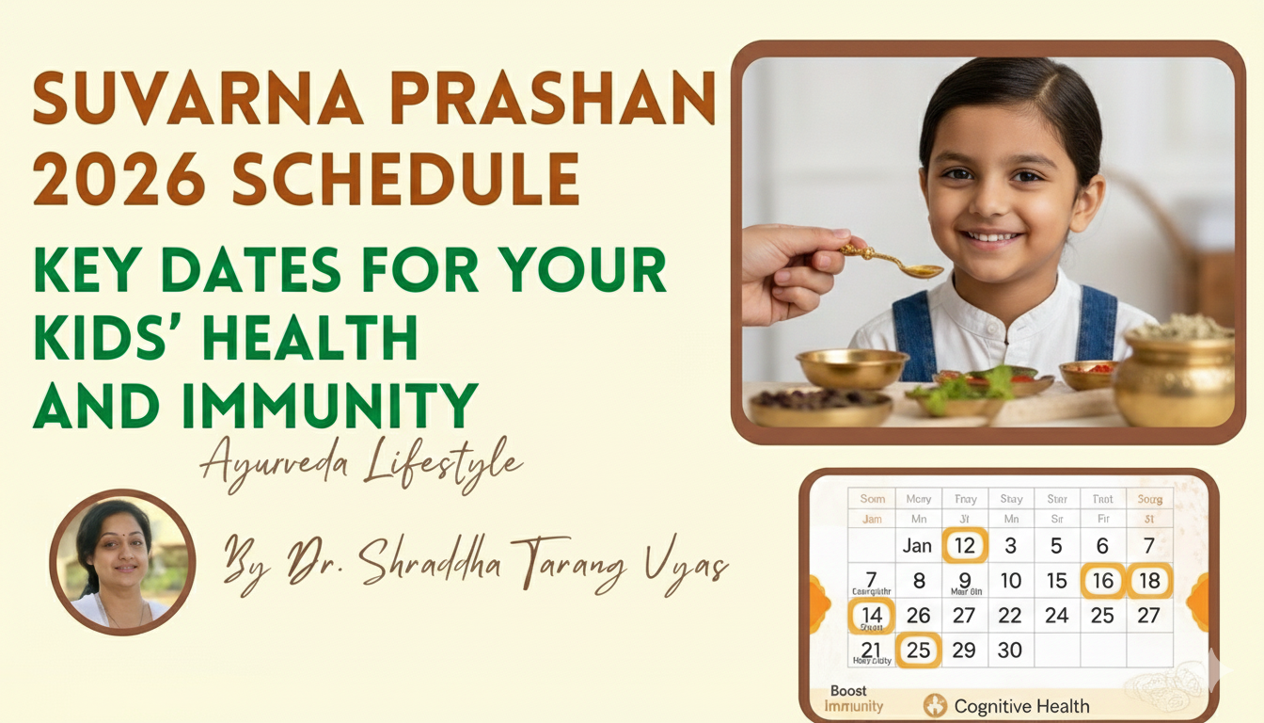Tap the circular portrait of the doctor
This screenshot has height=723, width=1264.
pos(122,562)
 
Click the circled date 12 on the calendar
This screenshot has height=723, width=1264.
pos(964,545)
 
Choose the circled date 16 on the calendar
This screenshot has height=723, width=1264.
pos(1102,581)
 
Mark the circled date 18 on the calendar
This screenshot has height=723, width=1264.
pos(1149,581)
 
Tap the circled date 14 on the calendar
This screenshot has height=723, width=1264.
pos(871,616)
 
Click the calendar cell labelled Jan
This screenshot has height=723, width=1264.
pos(917,545)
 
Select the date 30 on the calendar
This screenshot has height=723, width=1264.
pos(1010,651)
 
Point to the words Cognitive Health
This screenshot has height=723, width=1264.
pos(1021,706)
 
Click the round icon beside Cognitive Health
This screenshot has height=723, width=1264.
pos(935,705)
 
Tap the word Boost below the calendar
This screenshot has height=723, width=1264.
pos(849,691)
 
